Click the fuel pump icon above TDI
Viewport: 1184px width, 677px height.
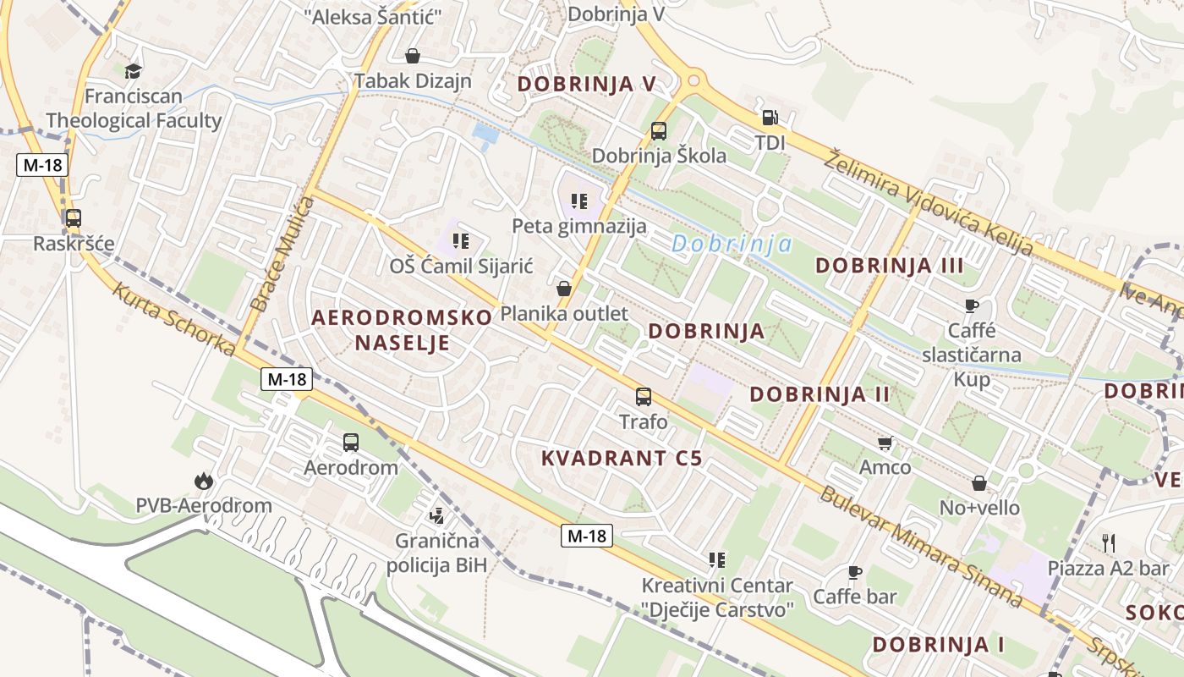pyautogui.click(x=770, y=118)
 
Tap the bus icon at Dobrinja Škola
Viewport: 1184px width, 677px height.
pyautogui.click(x=659, y=131)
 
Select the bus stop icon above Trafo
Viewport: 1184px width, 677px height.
pyautogui.click(x=644, y=396)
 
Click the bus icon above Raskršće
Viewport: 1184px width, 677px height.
pyautogui.click(x=74, y=218)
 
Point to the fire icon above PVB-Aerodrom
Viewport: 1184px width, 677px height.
pyautogui.click(x=203, y=481)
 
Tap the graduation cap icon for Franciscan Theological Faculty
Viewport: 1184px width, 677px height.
pyautogui.click(x=133, y=70)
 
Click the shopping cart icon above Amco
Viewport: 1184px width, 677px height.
pyautogui.click(x=885, y=443)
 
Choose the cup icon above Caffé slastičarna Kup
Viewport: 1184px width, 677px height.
pyautogui.click(x=971, y=305)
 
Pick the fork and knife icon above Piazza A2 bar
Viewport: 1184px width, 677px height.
pyautogui.click(x=1108, y=542)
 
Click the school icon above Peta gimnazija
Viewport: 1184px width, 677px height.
pyautogui.click(x=578, y=201)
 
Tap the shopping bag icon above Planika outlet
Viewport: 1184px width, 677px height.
pyautogui.click(x=564, y=289)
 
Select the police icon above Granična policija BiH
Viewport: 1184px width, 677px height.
pyautogui.click(x=437, y=515)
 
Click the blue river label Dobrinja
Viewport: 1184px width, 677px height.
pyautogui.click(x=732, y=245)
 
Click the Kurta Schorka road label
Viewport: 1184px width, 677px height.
pyautogui.click(x=173, y=319)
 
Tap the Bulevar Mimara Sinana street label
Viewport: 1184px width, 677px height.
pyautogui.click(x=921, y=546)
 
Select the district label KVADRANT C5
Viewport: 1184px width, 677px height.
pyautogui.click(x=622, y=459)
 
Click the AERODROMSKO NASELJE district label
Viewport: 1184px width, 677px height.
pyautogui.click(x=402, y=330)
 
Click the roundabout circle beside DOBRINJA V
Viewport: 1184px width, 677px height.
pyautogui.click(x=694, y=80)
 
